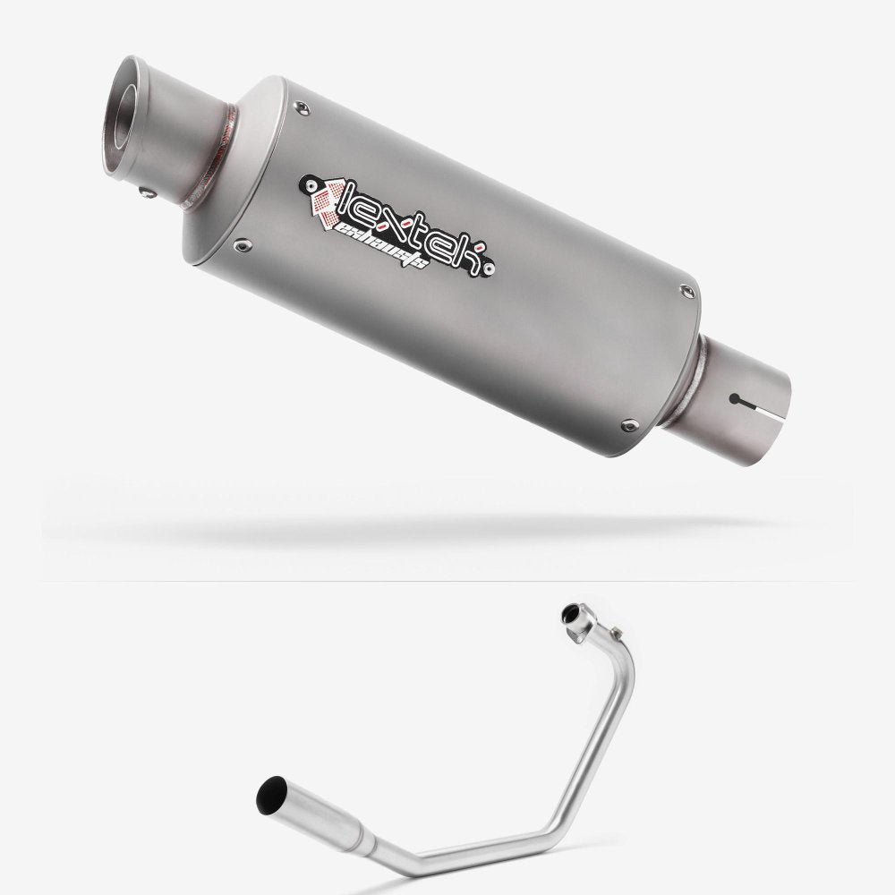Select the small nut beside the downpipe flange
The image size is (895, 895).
(x=567, y=615)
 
